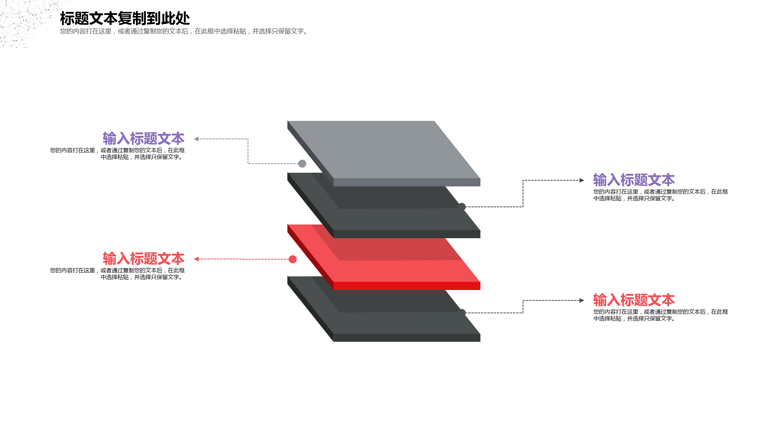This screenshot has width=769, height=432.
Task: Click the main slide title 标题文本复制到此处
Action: coord(125,18)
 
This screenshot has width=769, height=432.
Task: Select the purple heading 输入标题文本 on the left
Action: coord(144,139)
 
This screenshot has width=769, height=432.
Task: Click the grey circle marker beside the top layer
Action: coord(302,163)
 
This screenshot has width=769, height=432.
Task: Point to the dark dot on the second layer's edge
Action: coord(462,206)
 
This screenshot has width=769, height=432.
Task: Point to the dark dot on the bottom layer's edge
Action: coord(462,312)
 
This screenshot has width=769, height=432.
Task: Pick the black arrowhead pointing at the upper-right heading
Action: coord(582,180)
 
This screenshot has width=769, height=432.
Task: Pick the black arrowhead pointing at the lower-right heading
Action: coord(582,300)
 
